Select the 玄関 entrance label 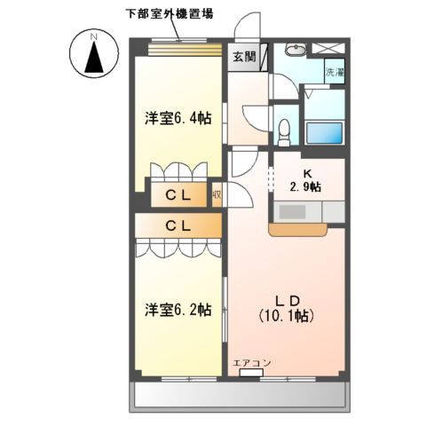point(244,57)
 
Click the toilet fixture point(284,130)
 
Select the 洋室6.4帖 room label point(178,118)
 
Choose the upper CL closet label point(178,196)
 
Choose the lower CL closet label point(178,226)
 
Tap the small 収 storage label point(217,195)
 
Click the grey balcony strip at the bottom point(240,394)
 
